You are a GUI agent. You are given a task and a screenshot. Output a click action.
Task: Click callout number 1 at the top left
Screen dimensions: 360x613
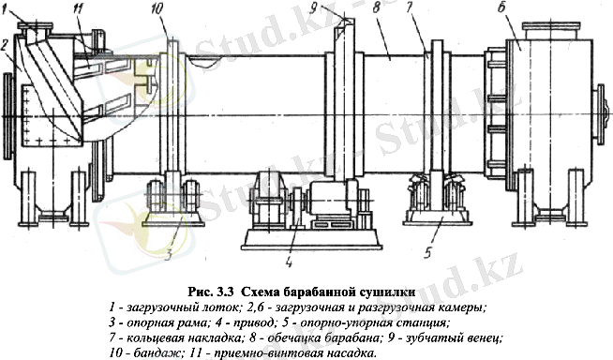(7, 8)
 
